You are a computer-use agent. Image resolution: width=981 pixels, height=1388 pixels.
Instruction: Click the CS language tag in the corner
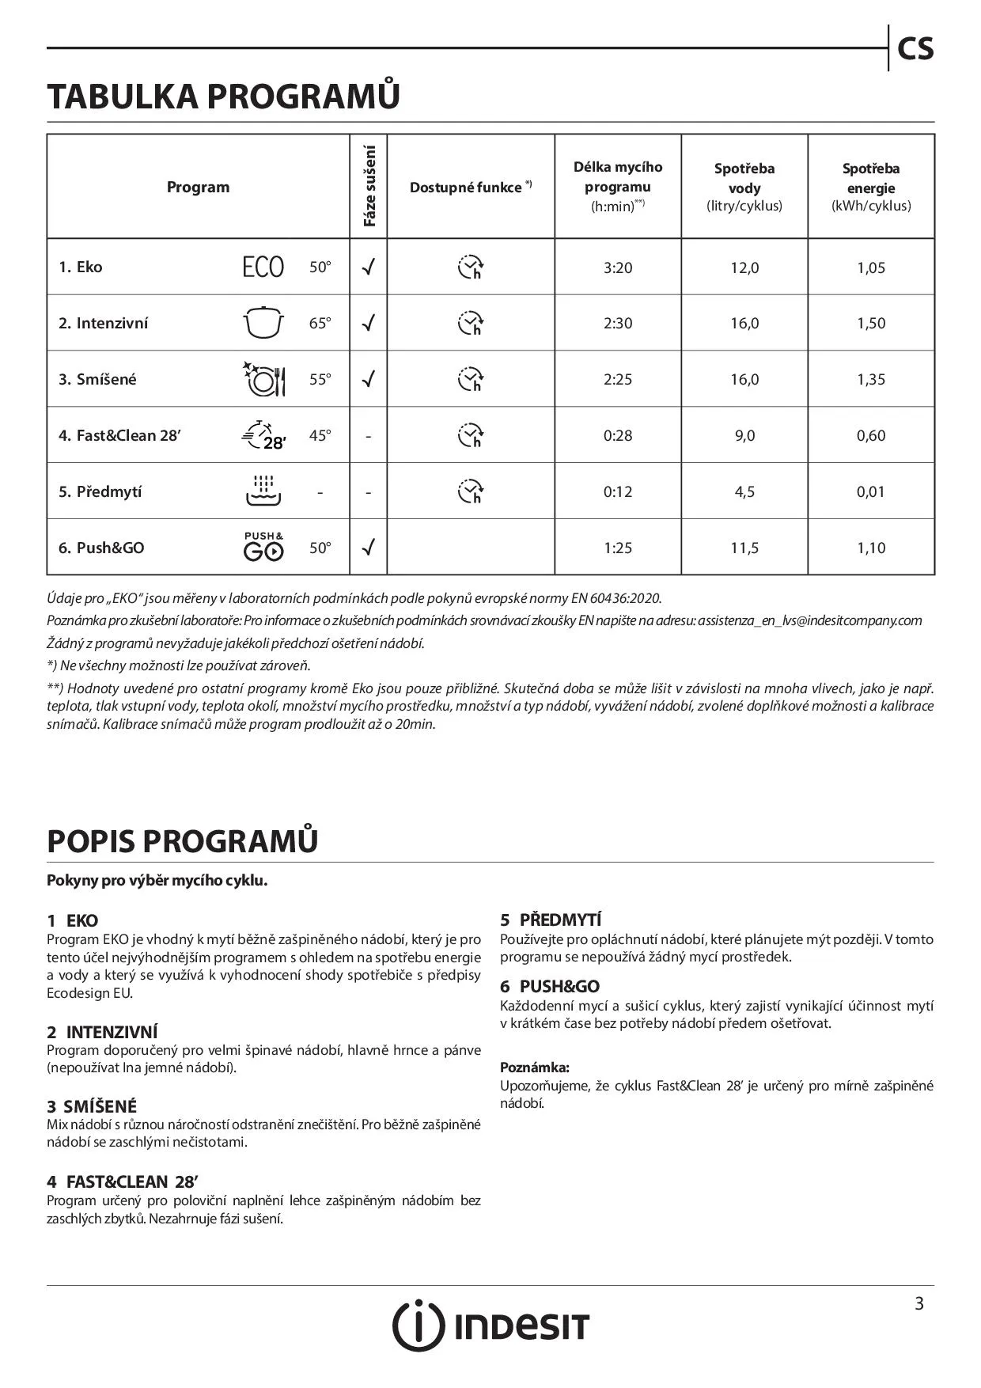tap(915, 49)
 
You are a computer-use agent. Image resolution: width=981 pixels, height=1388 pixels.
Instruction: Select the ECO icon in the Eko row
tap(263, 267)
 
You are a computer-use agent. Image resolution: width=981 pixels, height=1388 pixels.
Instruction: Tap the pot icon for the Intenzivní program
tap(263, 323)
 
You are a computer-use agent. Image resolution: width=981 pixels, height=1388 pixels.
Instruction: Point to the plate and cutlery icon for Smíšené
tap(263, 379)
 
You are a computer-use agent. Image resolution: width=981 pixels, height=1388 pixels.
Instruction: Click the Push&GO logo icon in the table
tap(263, 547)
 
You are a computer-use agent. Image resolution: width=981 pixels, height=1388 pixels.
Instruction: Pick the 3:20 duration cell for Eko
tap(618, 267)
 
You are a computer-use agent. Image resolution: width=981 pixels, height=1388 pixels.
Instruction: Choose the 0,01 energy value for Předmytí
tap(871, 491)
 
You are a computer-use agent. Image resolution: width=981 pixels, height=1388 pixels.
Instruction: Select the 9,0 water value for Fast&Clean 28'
tap(744, 435)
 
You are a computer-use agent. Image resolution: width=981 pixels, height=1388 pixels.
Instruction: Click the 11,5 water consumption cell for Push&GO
tap(744, 548)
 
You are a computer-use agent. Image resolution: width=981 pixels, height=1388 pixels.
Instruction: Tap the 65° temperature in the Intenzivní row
tap(320, 323)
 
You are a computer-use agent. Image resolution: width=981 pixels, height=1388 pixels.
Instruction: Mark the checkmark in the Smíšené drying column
tap(368, 379)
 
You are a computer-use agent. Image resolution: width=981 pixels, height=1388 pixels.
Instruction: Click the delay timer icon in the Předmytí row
tap(471, 491)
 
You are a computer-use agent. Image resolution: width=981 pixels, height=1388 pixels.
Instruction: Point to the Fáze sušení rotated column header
tap(369, 187)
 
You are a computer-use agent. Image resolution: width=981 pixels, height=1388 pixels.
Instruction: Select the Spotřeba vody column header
tap(744, 187)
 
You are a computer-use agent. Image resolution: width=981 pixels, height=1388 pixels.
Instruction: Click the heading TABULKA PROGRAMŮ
tap(223, 96)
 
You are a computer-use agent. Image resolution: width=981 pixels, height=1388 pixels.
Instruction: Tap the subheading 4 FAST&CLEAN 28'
tap(121, 1181)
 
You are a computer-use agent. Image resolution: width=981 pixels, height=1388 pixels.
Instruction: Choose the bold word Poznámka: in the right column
tap(535, 1068)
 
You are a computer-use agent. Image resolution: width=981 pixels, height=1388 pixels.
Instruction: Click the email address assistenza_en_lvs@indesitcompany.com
tap(810, 620)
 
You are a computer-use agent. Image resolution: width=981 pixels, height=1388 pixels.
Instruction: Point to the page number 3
tap(919, 1303)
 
